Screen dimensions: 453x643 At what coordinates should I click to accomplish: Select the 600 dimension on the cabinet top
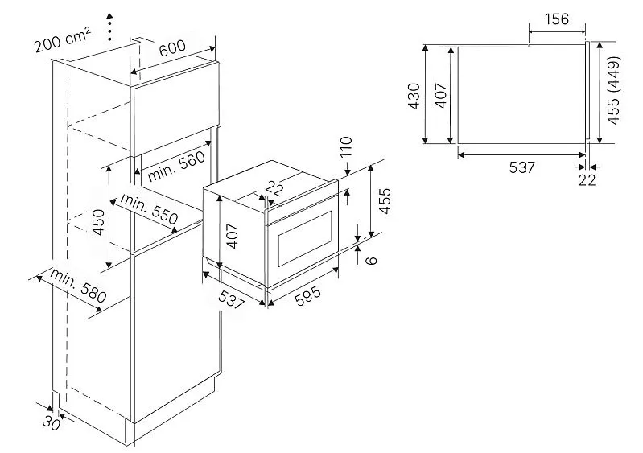(x=172, y=49)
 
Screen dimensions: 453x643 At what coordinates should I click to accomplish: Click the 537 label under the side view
(x=521, y=167)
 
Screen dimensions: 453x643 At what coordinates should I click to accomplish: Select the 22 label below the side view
(x=587, y=179)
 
